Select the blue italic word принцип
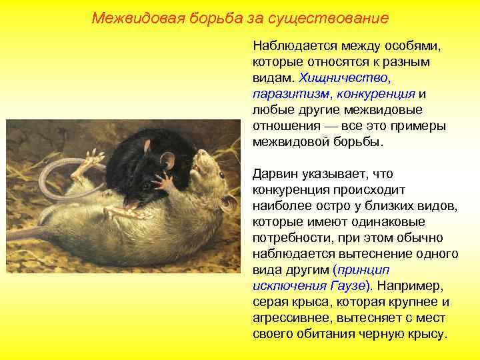tap(365, 270)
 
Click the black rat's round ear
tap(167, 159)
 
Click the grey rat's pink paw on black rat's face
tap(160, 181)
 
